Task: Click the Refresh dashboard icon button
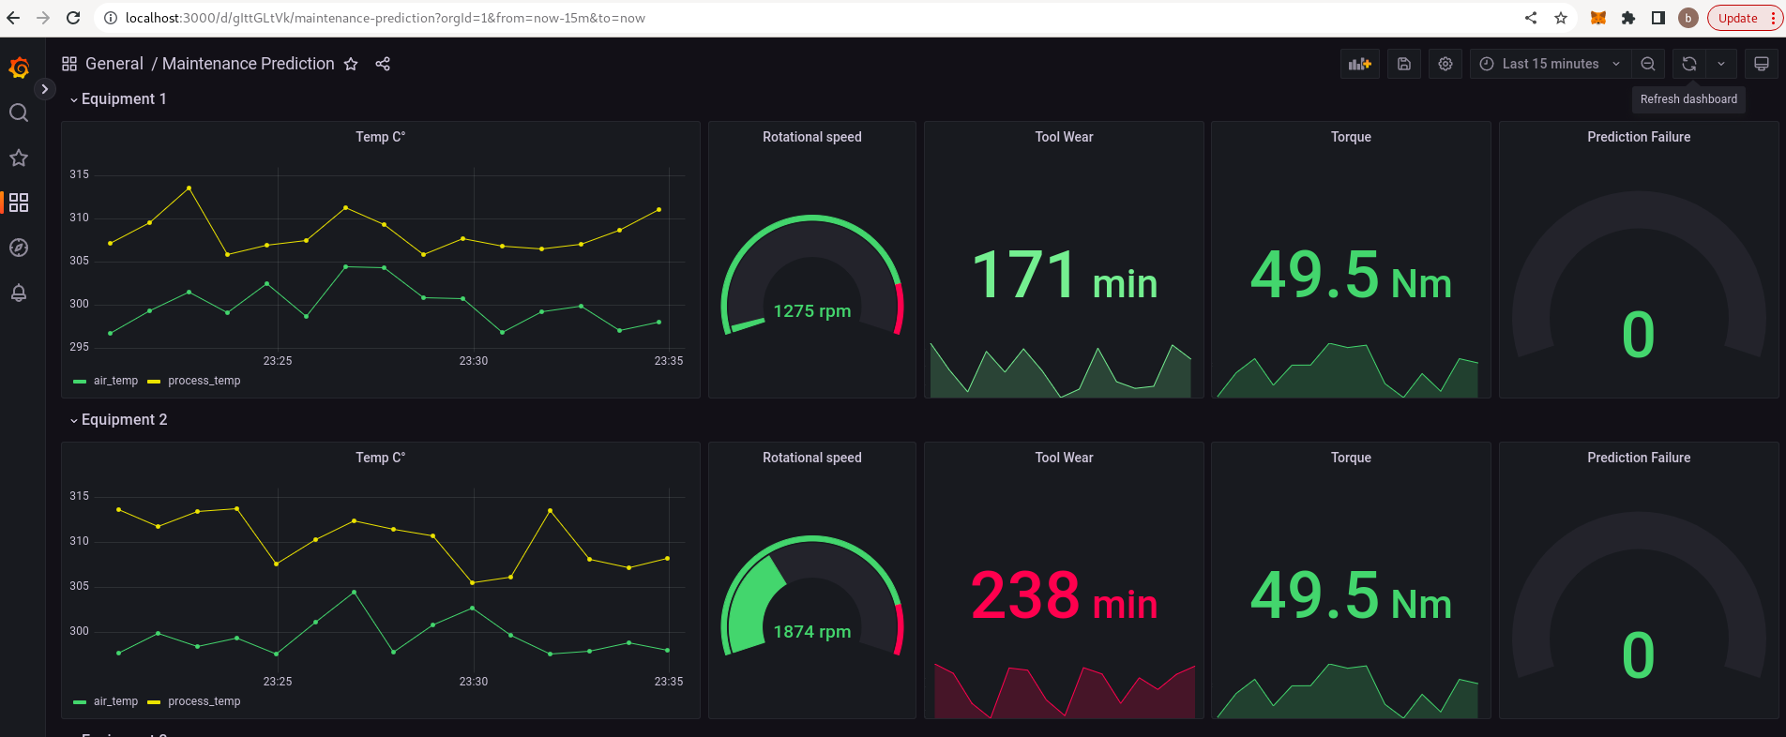click(1688, 64)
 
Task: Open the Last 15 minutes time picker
click(1550, 64)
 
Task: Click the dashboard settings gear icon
click(1445, 64)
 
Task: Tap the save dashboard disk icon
click(1404, 64)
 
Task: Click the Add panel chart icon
click(1359, 64)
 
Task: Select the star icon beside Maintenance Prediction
click(351, 64)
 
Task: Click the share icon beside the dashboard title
click(383, 64)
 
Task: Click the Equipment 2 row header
click(124, 420)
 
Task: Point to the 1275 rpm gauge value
click(811, 310)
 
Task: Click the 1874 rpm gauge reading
click(811, 631)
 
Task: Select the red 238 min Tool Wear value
click(1063, 596)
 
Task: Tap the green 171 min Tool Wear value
click(1063, 276)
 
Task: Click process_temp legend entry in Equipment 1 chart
click(204, 381)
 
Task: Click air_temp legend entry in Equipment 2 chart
click(115, 701)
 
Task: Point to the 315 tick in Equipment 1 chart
click(79, 174)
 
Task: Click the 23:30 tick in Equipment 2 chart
click(473, 682)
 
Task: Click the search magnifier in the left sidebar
click(19, 113)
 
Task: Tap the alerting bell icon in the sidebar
click(19, 293)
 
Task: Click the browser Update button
click(1737, 18)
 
